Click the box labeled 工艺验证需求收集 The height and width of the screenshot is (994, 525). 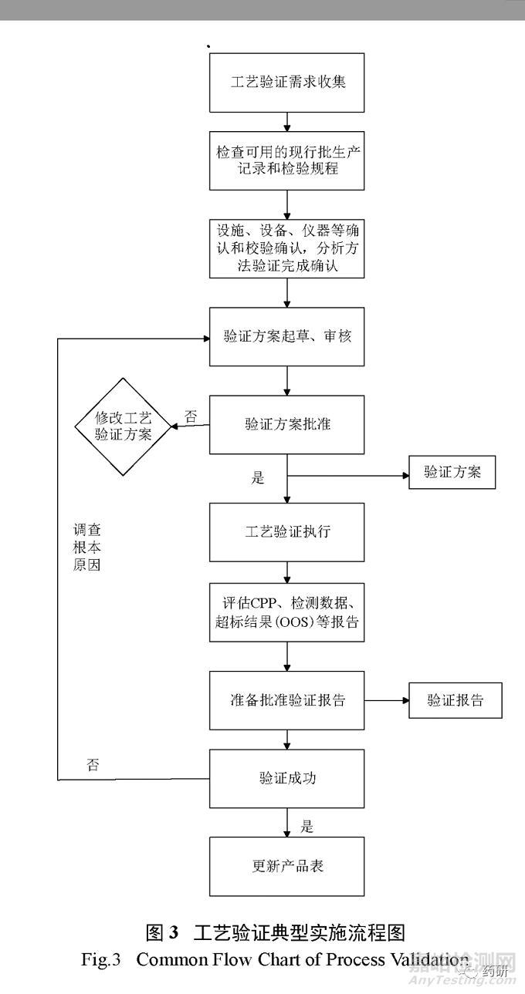pos(287,82)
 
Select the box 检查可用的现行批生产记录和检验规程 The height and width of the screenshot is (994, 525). pos(287,160)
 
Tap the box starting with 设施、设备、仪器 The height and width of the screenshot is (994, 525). pos(287,248)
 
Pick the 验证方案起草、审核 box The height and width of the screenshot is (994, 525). pos(287,336)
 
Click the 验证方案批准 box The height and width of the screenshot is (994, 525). pos(287,424)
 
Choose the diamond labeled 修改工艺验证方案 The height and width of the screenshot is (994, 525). pos(122,426)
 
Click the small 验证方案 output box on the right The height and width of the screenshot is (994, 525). pos(452,472)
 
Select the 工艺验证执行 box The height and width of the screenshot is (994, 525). pos(287,532)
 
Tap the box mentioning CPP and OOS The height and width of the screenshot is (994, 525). pos(287,612)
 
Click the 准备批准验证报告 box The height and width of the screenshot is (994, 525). pos(287,700)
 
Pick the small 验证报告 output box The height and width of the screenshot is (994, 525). pos(455,700)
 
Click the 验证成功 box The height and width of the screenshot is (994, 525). pos(287,778)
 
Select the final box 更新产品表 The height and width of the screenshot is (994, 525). pos(287,865)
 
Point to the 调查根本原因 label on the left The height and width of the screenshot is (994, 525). pos(86,548)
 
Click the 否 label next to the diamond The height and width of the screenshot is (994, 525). pos(191,417)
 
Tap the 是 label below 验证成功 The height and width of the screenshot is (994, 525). pos(307,827)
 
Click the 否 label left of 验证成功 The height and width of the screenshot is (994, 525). pos(93,766)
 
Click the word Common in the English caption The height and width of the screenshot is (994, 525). pos(172,959)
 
